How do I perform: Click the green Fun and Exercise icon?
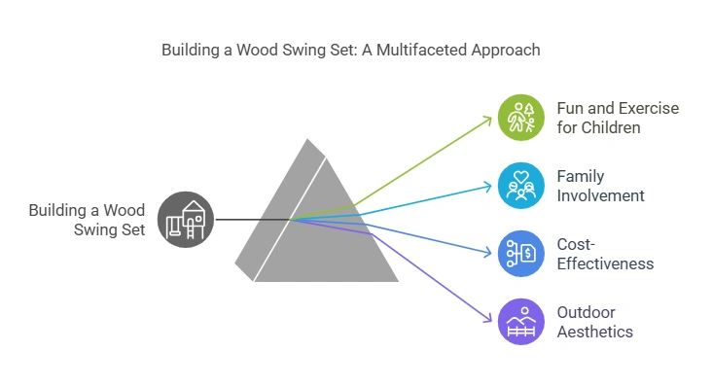coord(521,118)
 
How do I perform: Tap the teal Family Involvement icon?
coord(521,186)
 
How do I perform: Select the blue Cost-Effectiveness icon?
coord(521,254)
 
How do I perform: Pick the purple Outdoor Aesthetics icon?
coord(521,322)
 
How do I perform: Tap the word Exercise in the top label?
coord(648,108)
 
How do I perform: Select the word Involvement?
coord(600,195)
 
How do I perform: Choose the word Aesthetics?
coord(595,332)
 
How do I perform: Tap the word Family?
coord(580,176)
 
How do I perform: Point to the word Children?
coord(612,127)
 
